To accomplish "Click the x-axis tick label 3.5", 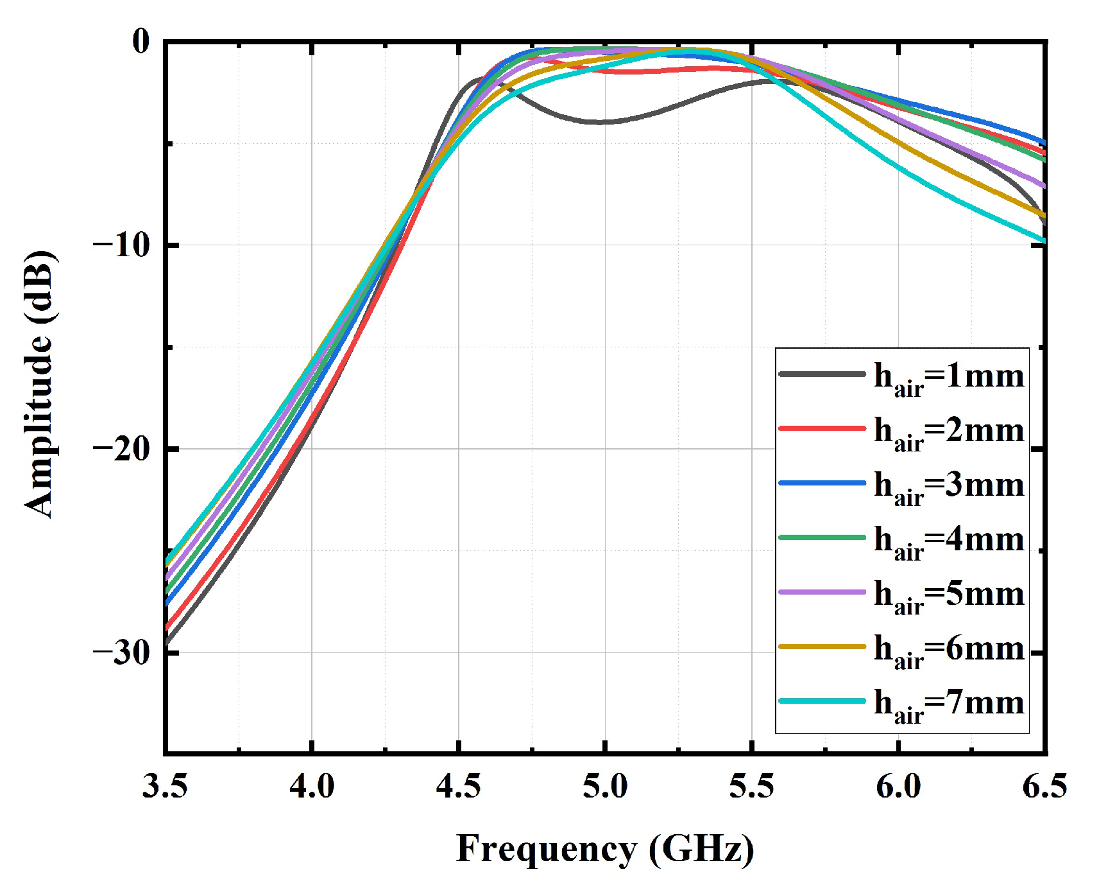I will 165,786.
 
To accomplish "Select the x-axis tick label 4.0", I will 312,786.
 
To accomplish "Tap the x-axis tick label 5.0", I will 605,786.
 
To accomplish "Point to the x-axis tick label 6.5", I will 1044,786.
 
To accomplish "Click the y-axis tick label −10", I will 121,245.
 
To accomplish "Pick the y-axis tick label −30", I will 121,652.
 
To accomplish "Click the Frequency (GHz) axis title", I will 605,849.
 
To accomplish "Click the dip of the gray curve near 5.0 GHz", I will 603,121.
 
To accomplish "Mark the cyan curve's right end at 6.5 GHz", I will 1043,241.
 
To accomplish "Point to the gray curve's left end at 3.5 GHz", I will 167,641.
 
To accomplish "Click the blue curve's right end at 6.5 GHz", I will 1043,142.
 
